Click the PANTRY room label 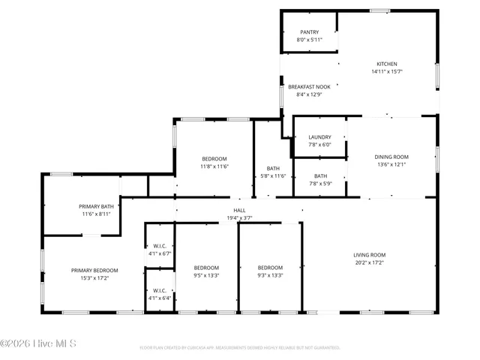coord(309,32)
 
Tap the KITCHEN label coord(387,64)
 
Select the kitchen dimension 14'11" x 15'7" coord(387,72)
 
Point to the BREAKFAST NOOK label coord(309,87)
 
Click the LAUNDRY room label coord(319,137)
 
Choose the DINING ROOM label coord(391,157)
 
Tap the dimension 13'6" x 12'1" coord(391,165)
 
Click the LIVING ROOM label coord(369,255)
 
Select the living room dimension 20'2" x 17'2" coord(369,263)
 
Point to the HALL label coord(239,210)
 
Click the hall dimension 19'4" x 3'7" coord(239,218)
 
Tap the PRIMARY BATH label coord(97,206)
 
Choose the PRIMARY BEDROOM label coord(94,270)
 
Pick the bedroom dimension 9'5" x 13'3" coord(206,275)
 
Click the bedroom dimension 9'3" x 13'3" coord(270,275)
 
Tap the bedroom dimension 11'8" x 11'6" coord(214,166)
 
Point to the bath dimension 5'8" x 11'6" coord(273,176)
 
